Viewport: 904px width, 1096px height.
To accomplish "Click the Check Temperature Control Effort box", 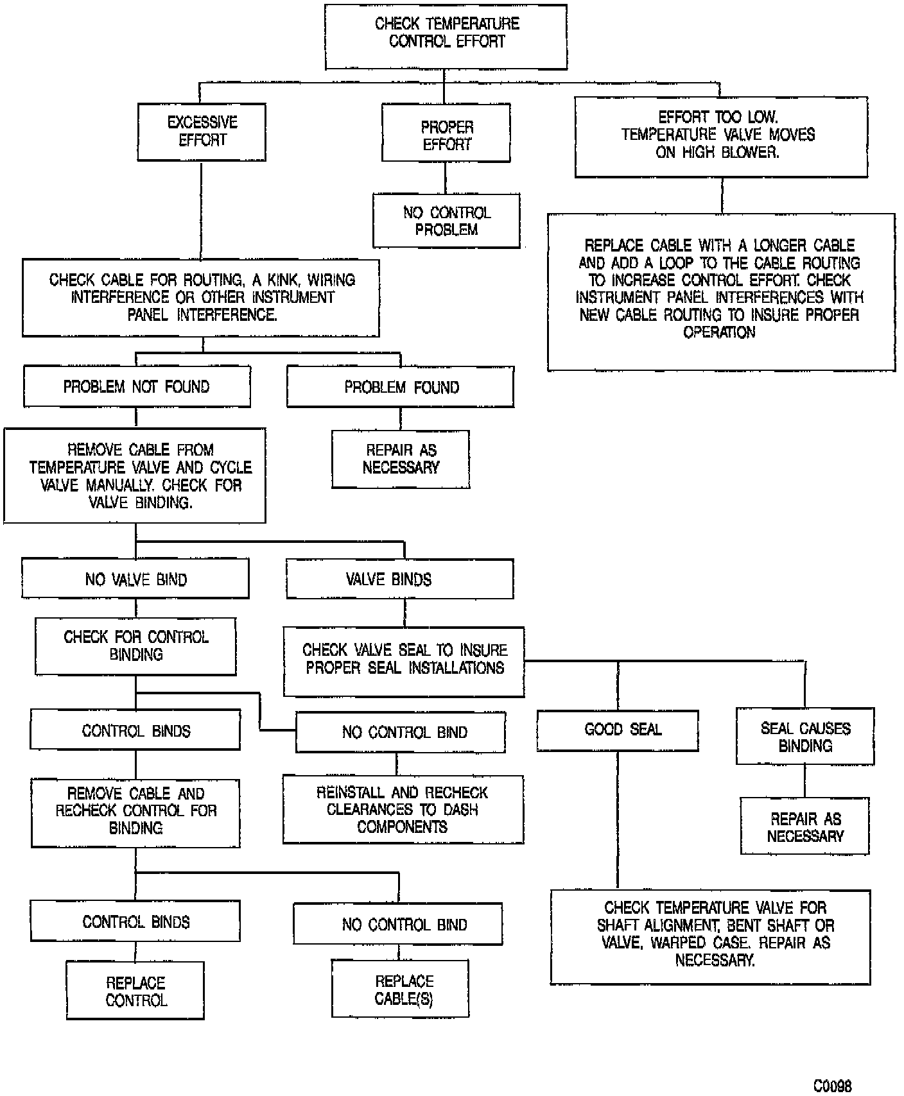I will coord(446,36).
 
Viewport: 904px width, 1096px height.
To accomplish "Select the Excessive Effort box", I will coord(202,132).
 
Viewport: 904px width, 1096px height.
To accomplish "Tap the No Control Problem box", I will coord(446,221).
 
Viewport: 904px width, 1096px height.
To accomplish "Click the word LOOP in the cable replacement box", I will coord(676,263).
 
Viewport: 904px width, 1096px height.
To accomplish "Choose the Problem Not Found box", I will coord(137,387).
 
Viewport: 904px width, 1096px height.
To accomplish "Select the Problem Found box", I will coord(400,388).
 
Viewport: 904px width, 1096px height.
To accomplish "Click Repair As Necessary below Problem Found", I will coord(401,459).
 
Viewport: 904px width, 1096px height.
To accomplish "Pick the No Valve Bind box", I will coord(135,579).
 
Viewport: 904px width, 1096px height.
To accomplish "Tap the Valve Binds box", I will coord(399,579).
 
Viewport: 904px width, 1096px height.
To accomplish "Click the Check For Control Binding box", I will coord(135,646).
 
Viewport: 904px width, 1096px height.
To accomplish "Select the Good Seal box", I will coord(618,730).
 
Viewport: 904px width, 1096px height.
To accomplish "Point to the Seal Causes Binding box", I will coord(805,737).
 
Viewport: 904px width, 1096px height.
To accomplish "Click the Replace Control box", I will coord(135,991).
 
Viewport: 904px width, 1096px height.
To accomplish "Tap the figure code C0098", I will coord(832,1086).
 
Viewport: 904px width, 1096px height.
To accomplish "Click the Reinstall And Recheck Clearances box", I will coord(403,810).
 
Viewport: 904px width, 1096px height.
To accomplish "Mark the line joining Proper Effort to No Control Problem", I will coord(446,178).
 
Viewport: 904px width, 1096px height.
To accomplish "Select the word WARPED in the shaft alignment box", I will coord(679,943).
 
